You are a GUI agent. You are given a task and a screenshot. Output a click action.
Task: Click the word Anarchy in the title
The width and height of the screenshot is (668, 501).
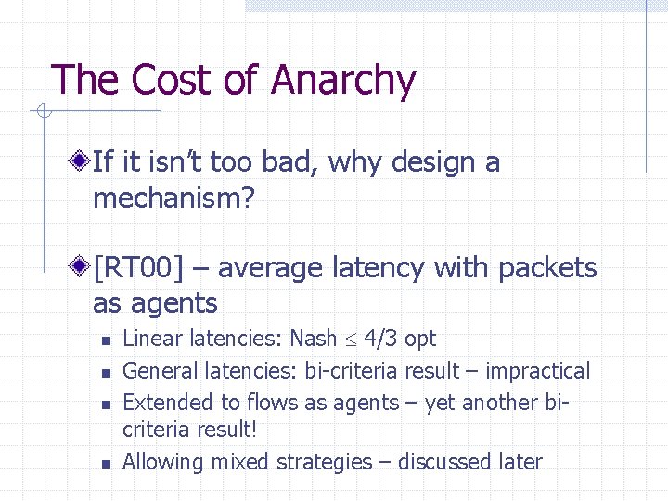tap(343, 81)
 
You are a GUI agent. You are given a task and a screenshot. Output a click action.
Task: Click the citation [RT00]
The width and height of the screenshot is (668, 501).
tap(138, 268)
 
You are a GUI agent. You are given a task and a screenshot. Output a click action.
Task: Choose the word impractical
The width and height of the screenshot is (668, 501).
tap(536, 371)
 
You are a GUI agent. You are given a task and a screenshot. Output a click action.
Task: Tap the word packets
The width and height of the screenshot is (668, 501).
tap(547, 268)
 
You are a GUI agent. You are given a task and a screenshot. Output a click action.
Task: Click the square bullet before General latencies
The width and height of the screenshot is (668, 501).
tap(106, 373)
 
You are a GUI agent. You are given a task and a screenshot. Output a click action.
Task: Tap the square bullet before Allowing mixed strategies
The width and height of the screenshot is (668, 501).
tap(106, 463)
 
